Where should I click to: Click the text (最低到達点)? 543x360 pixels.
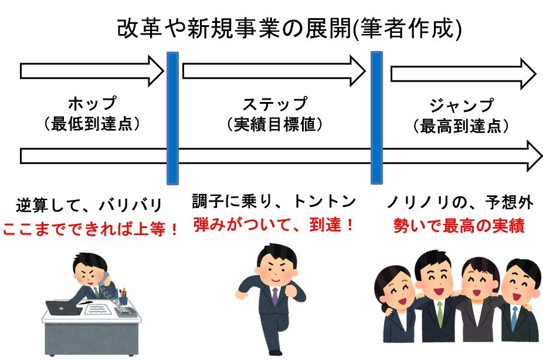[92, 125]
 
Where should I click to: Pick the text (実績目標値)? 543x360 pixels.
[275, 125]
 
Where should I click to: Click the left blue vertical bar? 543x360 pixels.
[172, 117]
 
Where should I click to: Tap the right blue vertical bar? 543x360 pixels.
[376, 117]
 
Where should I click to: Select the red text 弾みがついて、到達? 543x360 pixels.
[274, 224]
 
